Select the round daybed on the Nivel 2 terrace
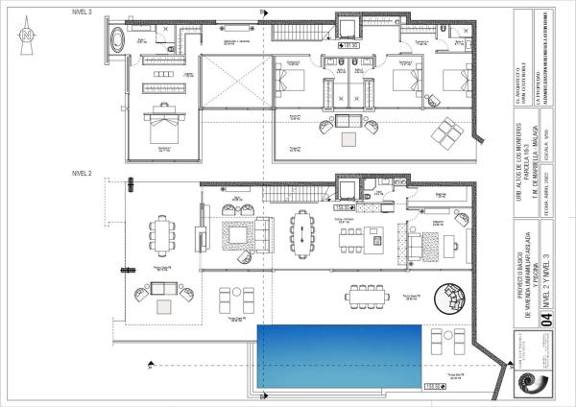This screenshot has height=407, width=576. tap(448, 300)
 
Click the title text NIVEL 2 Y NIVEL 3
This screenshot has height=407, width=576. tap(548, 269)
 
